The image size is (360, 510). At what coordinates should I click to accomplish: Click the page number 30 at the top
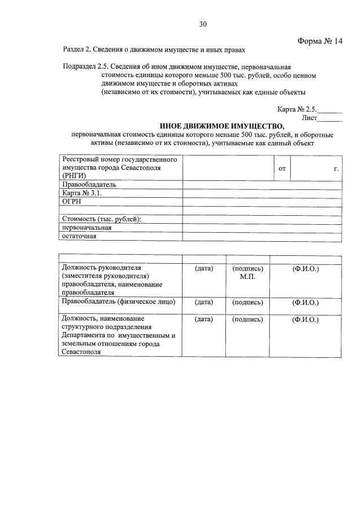click(x=203, y=24)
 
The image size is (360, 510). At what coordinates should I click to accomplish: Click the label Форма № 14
click(x=319, y=41)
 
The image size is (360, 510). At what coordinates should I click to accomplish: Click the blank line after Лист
click(x=330, y=119)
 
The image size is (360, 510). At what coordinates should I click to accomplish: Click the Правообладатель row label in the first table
click(x=89, y=184)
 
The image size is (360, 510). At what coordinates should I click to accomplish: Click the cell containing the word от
click(x=282, y=168)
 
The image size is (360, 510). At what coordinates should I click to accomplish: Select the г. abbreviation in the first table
click(x=336, y=168)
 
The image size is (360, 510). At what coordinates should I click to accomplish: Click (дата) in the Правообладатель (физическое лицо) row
click(x=203, y=302)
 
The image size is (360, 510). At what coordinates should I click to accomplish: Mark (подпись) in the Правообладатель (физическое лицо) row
click(x=247, y=302)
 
